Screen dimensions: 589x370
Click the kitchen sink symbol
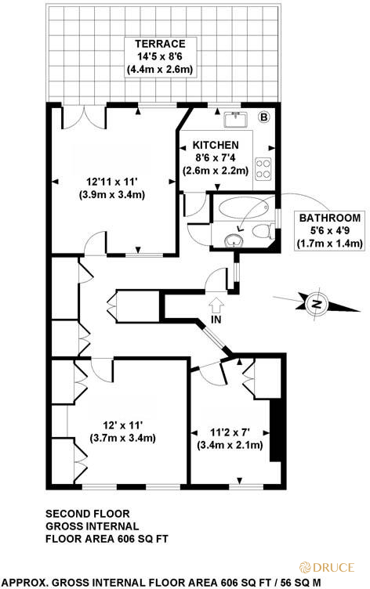tap(234, 119)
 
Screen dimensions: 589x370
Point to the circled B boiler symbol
tap(263, 117)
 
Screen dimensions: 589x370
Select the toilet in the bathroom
tap(264, 231)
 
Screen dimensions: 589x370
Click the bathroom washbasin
tap(233, 238)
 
